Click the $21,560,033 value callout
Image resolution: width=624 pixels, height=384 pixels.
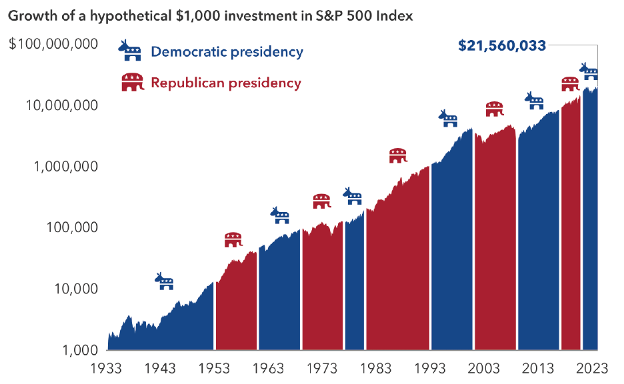(x=502, y=45)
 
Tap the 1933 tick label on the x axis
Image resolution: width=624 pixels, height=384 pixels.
(x=107, y=369)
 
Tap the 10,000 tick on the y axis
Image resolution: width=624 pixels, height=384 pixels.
(x=74, y=289)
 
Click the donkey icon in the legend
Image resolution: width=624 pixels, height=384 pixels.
(x=130, y=50)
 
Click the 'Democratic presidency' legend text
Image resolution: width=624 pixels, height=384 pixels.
(x=227, y=51)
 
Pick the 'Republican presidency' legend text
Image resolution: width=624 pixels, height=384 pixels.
(x=226, y=83)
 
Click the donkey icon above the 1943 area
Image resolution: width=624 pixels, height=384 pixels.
(x=165, y=281)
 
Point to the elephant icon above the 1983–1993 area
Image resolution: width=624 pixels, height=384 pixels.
(x=398, y=155)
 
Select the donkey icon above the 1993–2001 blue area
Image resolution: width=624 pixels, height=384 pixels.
(x=448, y=119)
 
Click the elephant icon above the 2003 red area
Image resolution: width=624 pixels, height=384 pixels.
(x=494, y=109)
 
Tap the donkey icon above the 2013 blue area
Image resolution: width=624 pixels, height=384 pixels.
(x=535, y=101)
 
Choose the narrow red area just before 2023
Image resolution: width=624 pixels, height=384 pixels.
(x=571, y=227)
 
